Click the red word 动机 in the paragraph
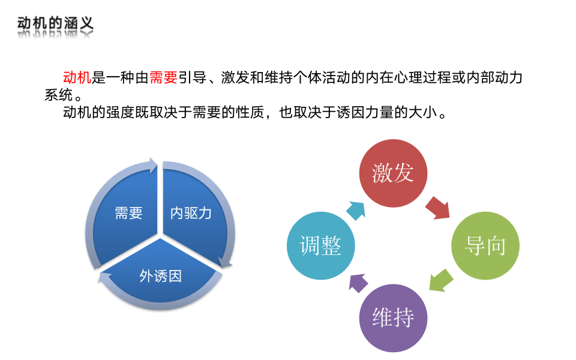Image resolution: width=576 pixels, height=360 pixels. (x=77, y=77)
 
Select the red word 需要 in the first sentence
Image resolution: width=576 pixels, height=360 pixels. (x=163, y=77)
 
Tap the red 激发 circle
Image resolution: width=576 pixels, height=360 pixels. (x=393, y=173)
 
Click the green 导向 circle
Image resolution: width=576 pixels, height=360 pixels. (x=485, y=245)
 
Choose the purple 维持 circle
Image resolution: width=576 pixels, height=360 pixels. (x=393, y=317)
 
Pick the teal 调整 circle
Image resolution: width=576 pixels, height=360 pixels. (x=321, y=245)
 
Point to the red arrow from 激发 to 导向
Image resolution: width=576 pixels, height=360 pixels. (x=437, y=207)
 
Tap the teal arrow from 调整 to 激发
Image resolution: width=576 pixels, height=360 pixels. (x=355, y=209)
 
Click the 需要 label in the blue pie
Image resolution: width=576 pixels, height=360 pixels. (x=128, y=213)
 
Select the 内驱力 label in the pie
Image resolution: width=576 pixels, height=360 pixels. (x=191, y=213)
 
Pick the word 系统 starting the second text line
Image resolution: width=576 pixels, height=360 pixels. (x=58, y=95)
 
